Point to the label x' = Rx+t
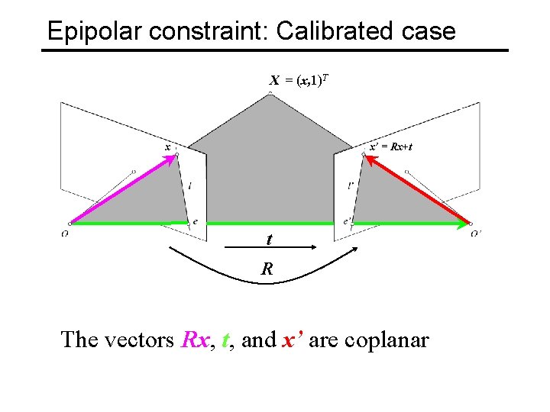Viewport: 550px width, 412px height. [390, 146]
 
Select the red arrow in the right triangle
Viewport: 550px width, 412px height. [416, 191]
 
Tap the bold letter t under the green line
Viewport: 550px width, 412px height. [269, 240]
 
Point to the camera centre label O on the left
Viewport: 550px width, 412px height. [65, 233]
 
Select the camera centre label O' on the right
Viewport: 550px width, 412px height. [476, 233]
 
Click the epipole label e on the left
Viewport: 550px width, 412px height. [195, 222]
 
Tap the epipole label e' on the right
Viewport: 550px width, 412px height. [348, 222]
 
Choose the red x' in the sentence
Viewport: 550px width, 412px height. [293, 340]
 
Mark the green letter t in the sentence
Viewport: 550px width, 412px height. [225, 340]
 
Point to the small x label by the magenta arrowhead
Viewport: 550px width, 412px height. [167, 146]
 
